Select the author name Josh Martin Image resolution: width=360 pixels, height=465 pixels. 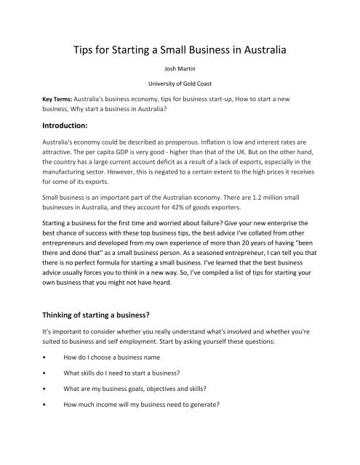tap(180, 76)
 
